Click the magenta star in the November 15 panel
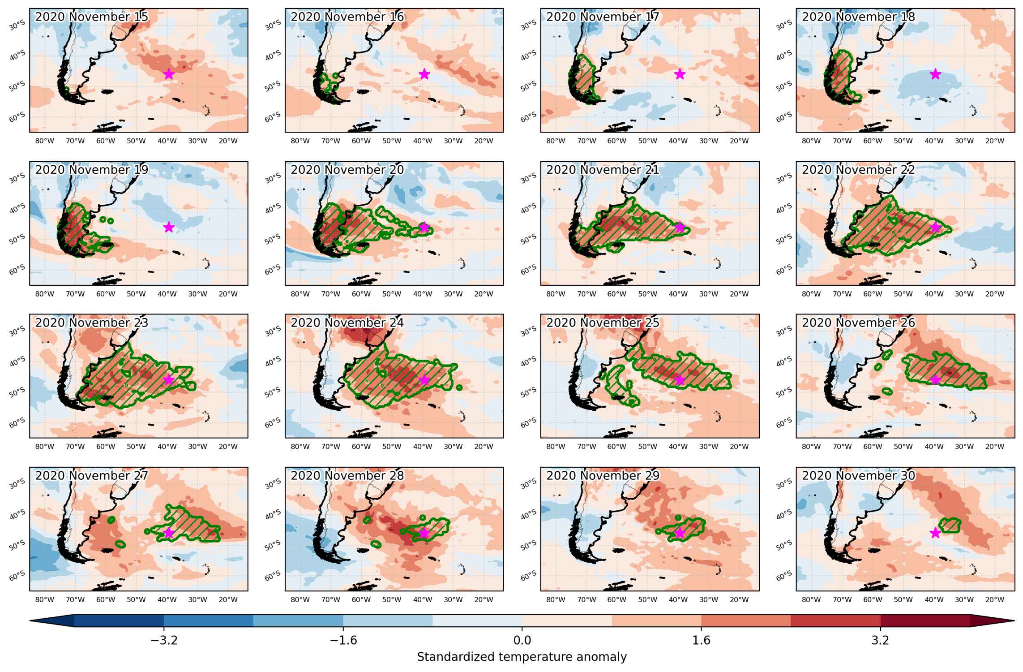(169, 74)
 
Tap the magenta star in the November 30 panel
(935, 533)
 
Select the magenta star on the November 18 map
(935, 74)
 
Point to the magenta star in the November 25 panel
(680, 380)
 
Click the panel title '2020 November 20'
(347, 170)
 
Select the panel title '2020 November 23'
(92, 323)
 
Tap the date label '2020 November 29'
(603, 475)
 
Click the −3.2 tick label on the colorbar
(164, 640)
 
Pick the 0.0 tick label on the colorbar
(522, 640)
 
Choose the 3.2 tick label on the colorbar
(880, 640)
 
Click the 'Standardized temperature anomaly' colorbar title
(522, 657)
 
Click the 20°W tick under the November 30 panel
(995, 599)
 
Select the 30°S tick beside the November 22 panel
(783, 178)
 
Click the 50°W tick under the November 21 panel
(647, 294)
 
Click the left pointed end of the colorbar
(30, 620)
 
